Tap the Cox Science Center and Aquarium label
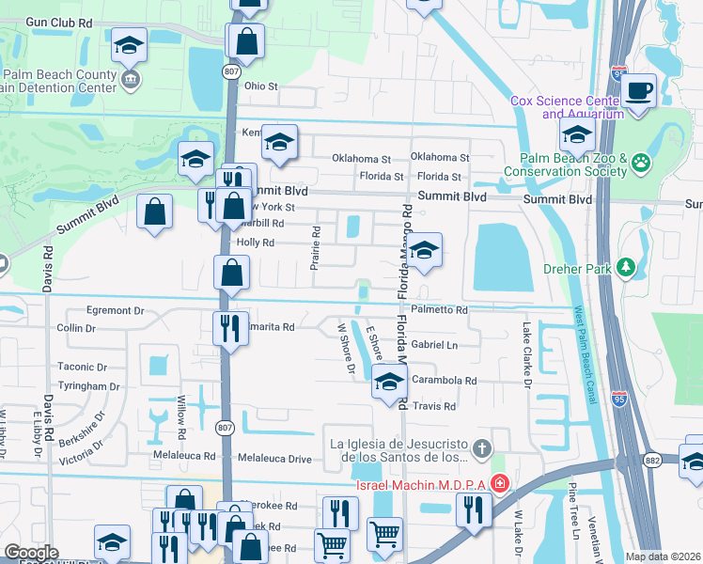coord(567,107)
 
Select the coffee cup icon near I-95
coord(638,91)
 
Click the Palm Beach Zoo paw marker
coord(641,164)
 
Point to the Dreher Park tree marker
coord(624,268)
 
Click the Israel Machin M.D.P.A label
coord(422,485)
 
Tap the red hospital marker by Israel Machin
coord(500,484)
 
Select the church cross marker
coord(482,447)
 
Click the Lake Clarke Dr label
coord(527,357)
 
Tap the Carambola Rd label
coord(445,381)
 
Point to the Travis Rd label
coord(435,406)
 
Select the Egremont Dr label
coord(114,309)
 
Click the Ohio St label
coord(261,86)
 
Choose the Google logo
coord(31,553)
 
